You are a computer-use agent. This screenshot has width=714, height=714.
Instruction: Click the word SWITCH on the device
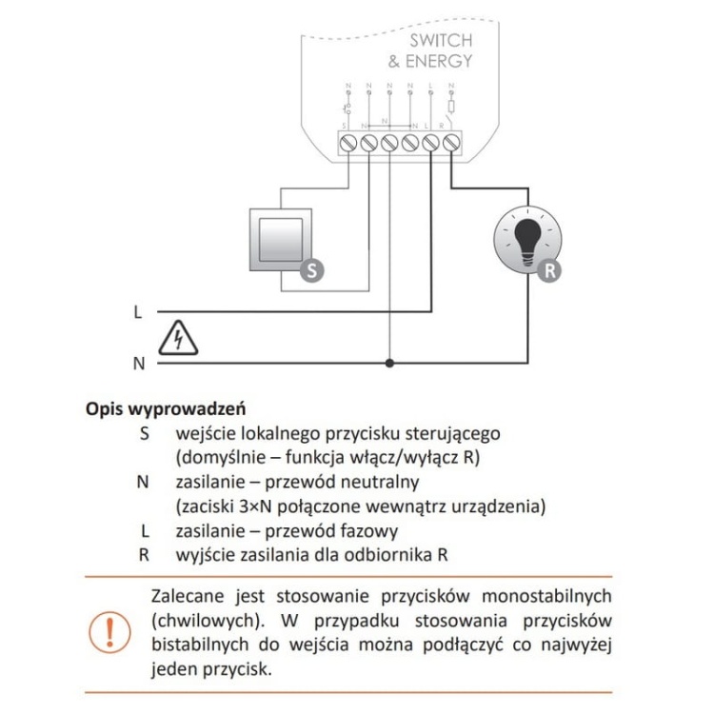440,41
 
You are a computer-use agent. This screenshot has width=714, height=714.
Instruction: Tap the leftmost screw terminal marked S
347,143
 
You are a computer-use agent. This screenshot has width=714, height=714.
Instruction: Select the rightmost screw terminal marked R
451,143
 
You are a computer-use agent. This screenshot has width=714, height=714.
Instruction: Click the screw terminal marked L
430,143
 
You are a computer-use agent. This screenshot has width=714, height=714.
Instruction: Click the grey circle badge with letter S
311,270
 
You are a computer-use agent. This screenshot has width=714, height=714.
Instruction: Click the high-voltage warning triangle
181,338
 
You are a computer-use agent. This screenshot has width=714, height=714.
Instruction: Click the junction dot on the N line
388,363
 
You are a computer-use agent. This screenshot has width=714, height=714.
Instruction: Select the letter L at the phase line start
138,311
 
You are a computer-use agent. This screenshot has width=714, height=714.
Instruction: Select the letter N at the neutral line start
138,363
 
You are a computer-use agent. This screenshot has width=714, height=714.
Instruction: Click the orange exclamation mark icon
116,632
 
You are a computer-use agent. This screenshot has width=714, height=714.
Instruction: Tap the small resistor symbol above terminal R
451,107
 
